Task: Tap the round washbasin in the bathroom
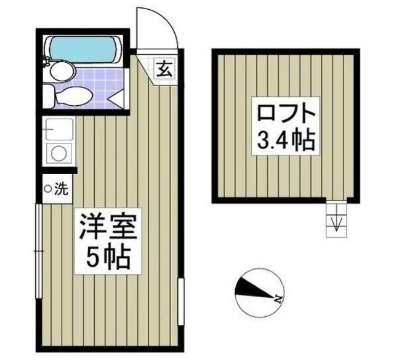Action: [61, 72]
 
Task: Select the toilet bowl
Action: [74, 96]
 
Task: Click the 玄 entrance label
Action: [165, 68]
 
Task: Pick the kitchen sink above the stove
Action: [59, 130]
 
